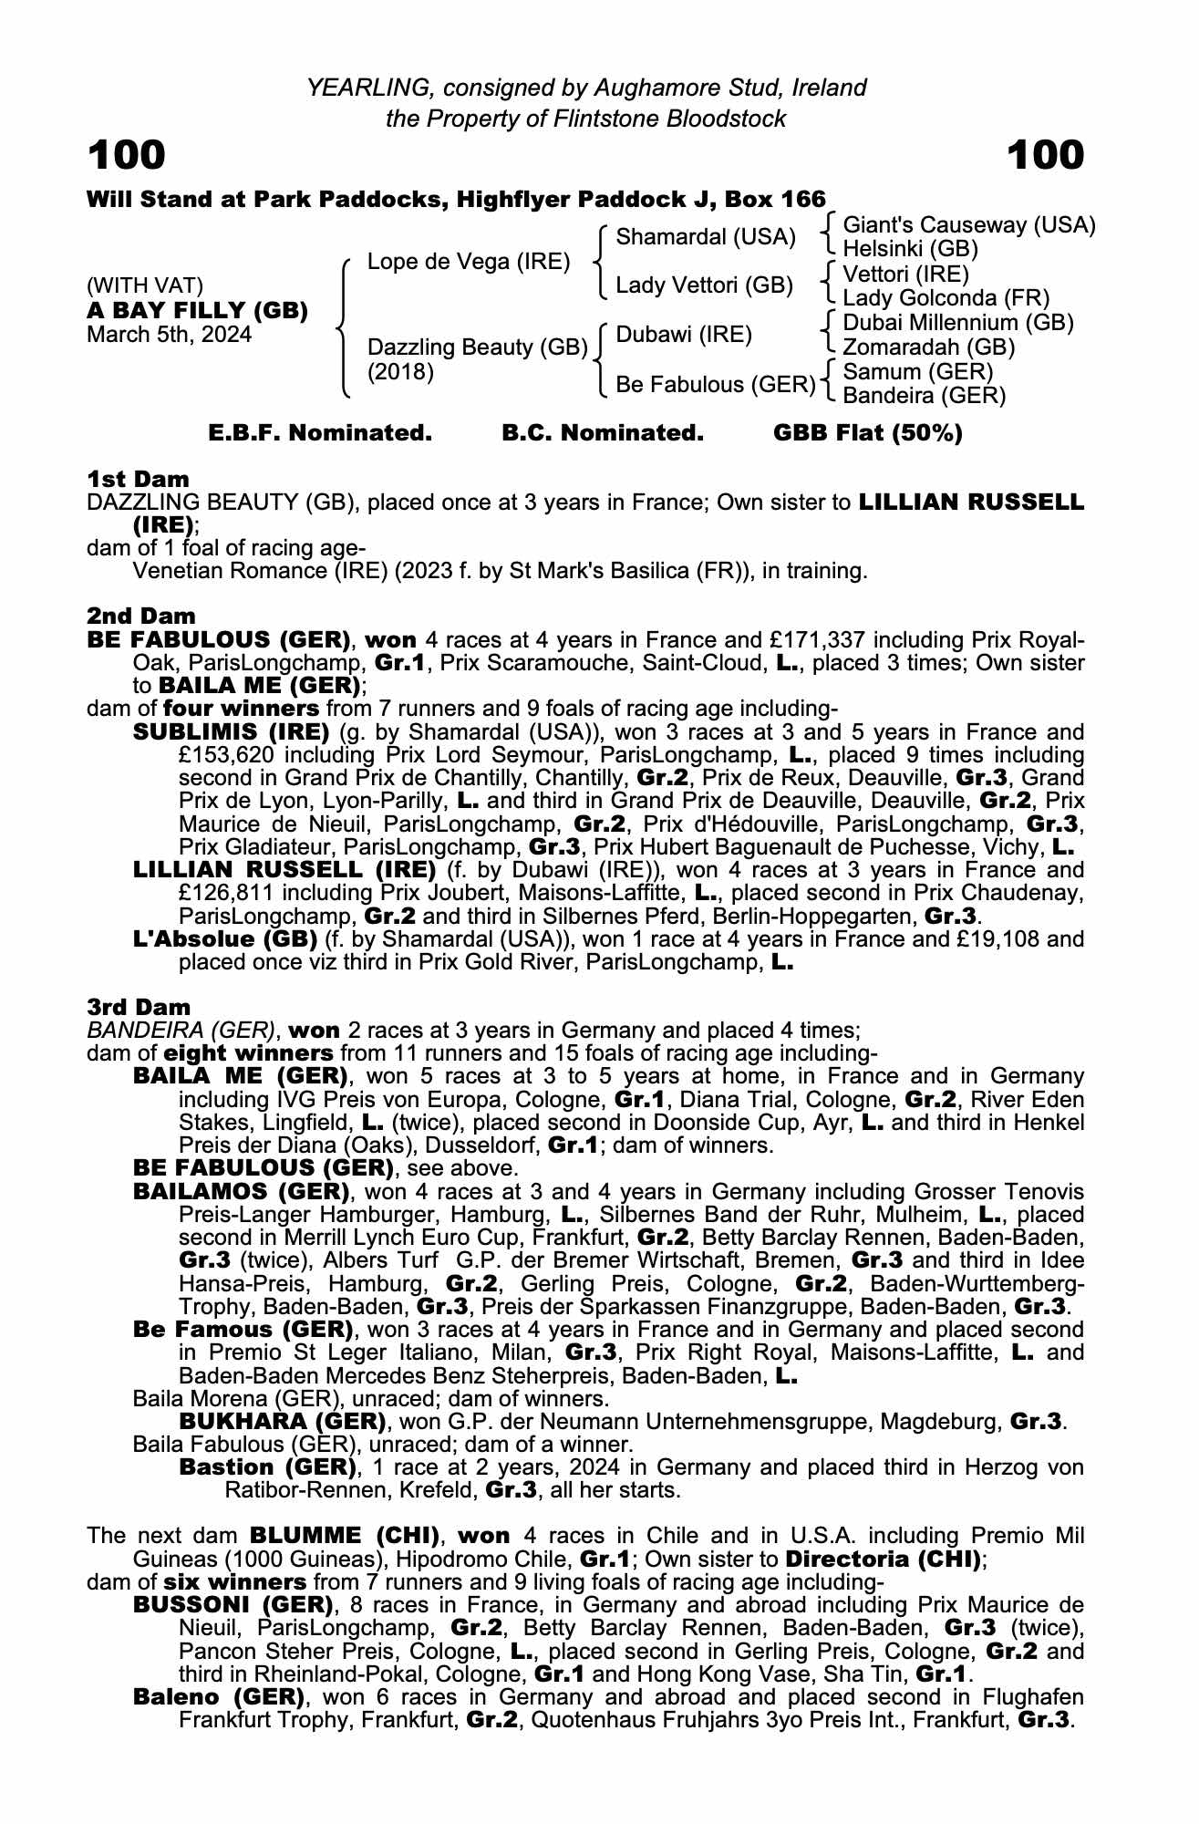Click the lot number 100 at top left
click(x=127, y=155)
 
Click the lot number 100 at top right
click(x=1046, y=155)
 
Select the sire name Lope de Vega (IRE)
click(x=469, y=262)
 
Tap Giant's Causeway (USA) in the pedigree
click(x=969, y=225)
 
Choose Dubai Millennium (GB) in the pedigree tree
click(x=958, y=323)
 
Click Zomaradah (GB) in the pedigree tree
click(x=929, y=347)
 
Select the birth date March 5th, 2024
click(x=169, y=335)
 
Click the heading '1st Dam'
click(x=139, y=479)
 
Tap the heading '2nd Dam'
click(x=141, y=617)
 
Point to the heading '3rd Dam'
click(x=140, y=1007)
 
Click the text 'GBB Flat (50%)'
click(x=868, y=433)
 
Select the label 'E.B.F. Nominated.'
click(x=320, y=433)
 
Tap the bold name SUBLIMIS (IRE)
click(x=232, y=732)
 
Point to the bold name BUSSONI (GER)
click(x=233, y=1605)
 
